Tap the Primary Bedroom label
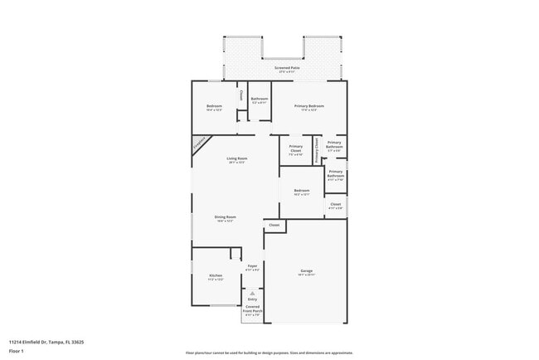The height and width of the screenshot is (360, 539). coord(308,106)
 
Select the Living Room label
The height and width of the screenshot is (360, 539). coord(238,158)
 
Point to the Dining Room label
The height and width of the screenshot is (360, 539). coord(226,217)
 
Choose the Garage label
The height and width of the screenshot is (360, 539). coord(305,271)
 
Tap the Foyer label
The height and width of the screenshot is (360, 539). coord(253,266)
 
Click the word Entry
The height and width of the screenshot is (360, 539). coord(253,299)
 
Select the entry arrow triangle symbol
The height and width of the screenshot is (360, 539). coord(253,293)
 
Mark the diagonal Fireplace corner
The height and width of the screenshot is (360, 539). coord(199,144)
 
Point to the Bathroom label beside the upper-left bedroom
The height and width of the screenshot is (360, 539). coord(260,99)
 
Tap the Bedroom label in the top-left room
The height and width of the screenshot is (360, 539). coord(215,106)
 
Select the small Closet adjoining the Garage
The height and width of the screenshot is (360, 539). coord(274,225)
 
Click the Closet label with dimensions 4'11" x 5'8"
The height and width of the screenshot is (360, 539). coord(335,204)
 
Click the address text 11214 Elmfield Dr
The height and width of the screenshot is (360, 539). coord(46,341)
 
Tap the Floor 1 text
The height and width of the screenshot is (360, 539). coord(17,351)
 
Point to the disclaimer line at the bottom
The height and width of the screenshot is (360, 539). coord(269,353)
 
